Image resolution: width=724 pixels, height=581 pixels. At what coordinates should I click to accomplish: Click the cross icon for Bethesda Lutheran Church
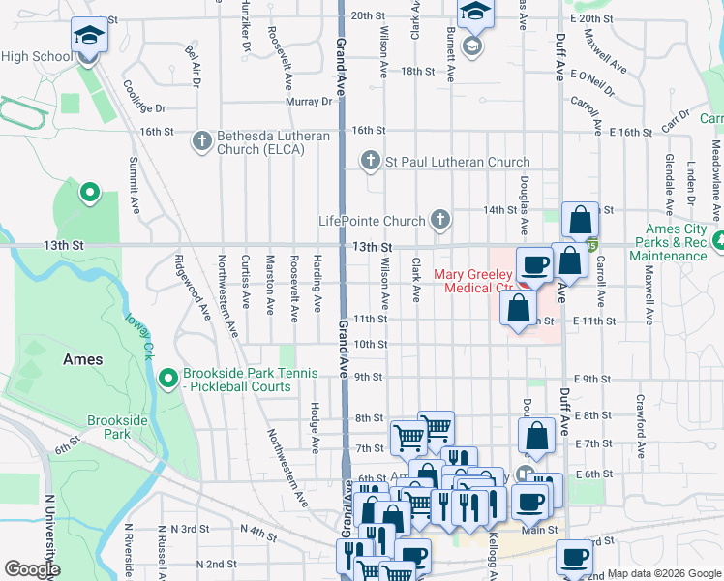(202, 141)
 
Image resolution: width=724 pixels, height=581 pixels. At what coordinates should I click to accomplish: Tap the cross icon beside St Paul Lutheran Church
(369, 161)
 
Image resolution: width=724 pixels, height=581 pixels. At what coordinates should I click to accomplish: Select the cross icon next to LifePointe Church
(439, 220)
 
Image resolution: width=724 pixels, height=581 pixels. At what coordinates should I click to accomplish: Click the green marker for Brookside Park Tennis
(167, 377)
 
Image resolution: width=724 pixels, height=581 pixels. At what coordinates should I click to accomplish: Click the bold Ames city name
(82, 358)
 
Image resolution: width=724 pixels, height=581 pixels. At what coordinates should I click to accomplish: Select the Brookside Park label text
(117, 427)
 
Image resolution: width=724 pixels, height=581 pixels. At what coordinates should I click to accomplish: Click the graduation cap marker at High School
(88, 37)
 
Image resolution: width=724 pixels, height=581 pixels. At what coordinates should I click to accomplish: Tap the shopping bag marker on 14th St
(580, 221)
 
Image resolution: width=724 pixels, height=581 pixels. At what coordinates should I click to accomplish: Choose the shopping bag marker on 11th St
(518, 309)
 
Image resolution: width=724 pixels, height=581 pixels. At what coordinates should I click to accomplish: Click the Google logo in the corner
(32, 569)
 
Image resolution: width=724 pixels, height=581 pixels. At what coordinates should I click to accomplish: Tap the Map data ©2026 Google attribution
(663, 573)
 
